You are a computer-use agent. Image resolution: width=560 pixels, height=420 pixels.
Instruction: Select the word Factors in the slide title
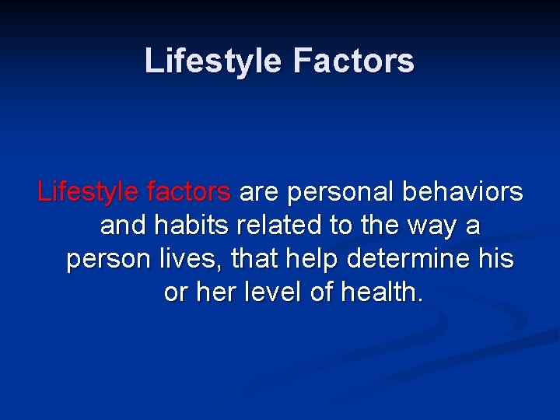[354, 61]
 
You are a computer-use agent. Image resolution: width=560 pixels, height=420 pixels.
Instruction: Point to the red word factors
[187, 191]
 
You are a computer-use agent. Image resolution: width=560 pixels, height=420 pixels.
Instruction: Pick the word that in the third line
[243, 259]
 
